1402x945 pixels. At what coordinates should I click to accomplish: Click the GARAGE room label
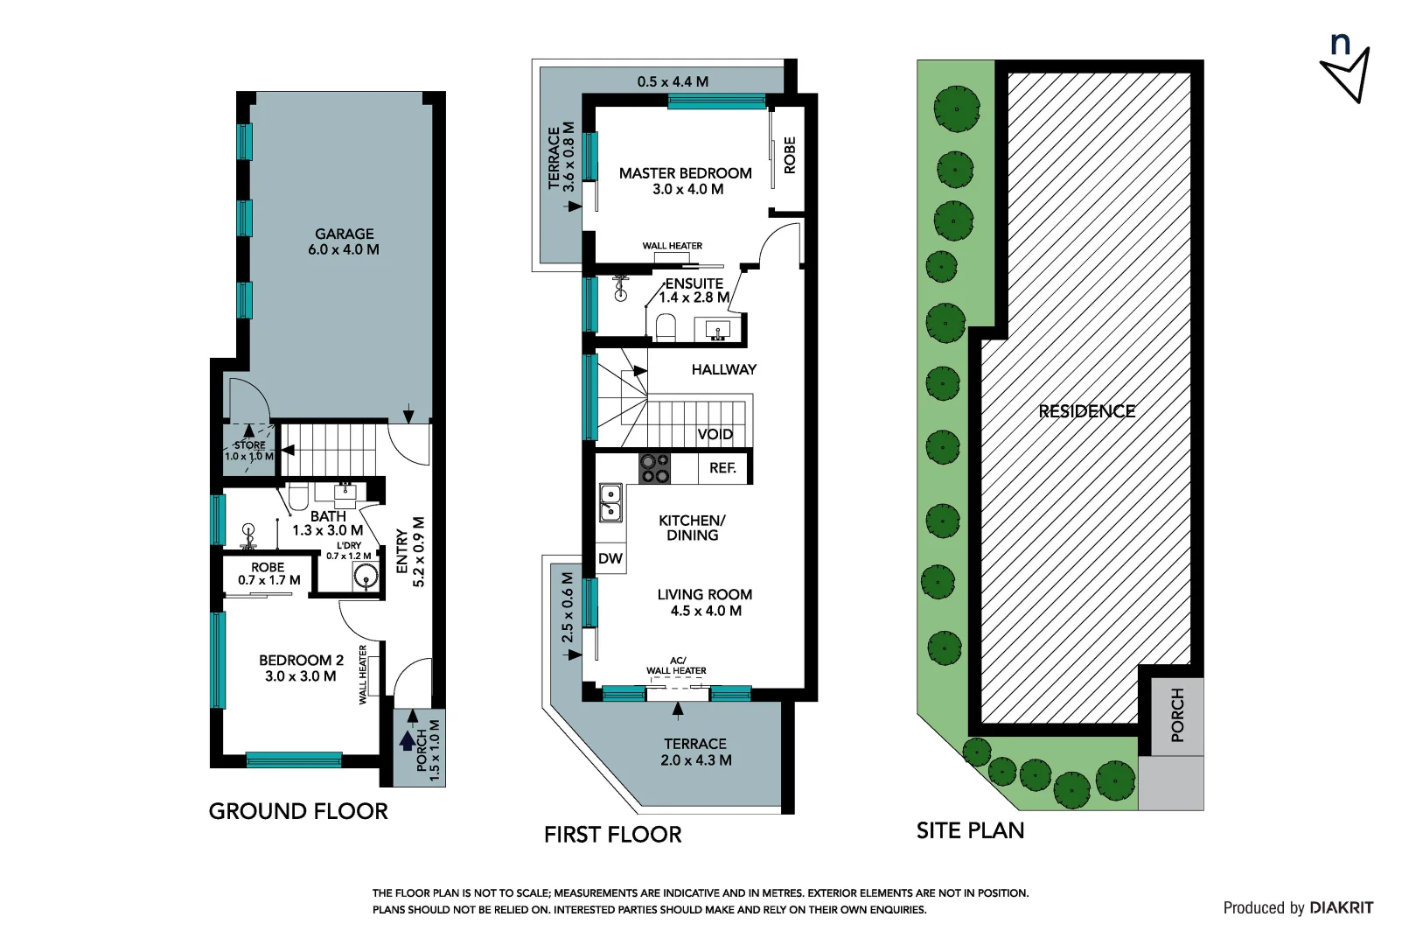click(345, 234)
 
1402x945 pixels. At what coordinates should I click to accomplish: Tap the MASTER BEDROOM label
click(686, 173)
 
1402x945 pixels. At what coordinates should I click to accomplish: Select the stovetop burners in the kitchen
click(655, 468)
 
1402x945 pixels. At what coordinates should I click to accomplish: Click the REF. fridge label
click(722, 468)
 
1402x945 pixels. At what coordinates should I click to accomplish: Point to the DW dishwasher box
click(610, 558)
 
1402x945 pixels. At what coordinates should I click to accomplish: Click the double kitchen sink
click(610, 503)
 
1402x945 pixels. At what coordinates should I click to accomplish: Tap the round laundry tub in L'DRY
click(366, 576)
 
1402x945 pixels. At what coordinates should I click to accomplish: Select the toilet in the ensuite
click(666, 327)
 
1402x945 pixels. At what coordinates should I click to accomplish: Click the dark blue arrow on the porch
click(408, 741)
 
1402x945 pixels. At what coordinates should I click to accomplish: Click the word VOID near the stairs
click(715, 434)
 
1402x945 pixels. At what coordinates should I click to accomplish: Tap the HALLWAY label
click(724, 369)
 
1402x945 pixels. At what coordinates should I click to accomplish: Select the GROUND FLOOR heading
click(298, 811)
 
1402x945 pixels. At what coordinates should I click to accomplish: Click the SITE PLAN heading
click(970, 830)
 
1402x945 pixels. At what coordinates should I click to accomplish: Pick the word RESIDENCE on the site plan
click(1086, 411)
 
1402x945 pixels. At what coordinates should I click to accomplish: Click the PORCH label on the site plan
click(1177, 715)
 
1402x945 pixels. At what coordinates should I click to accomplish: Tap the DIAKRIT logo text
click(1342, 907)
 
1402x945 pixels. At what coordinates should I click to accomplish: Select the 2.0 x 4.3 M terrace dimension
click(696, 760)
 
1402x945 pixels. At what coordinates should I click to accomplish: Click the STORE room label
click(250, 445)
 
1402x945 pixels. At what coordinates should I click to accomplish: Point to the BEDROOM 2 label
click(301, 660)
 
